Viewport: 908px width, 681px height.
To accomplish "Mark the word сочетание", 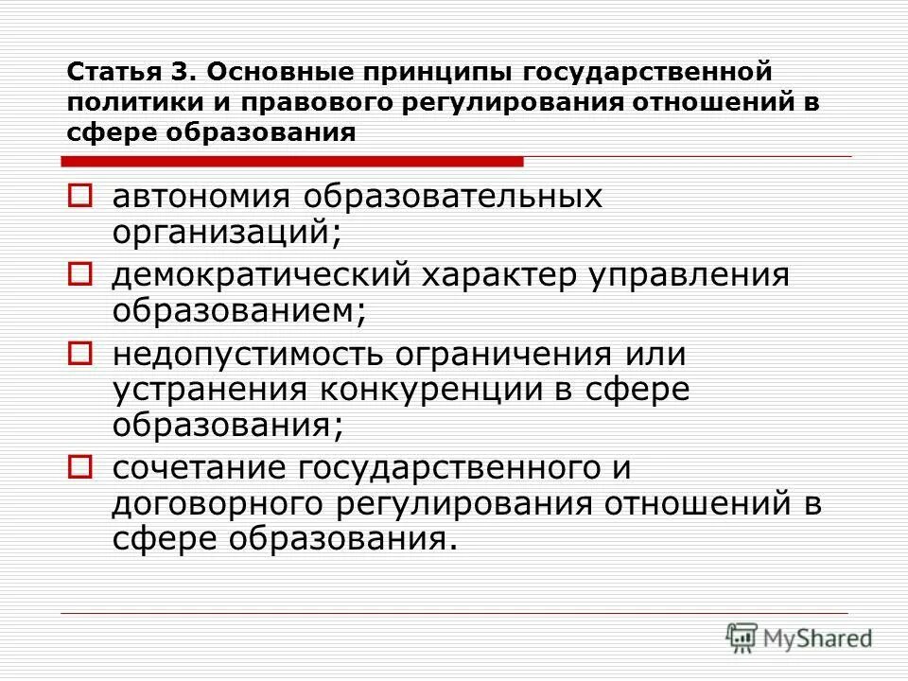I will tap(200, 467).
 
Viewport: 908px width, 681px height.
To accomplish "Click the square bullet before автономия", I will tap(81, 197).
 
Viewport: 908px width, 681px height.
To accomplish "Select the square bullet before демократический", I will tap(81, 275).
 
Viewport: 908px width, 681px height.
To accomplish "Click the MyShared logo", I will tap(799, 638).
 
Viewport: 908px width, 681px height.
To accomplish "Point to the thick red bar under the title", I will tap(293, 162).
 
